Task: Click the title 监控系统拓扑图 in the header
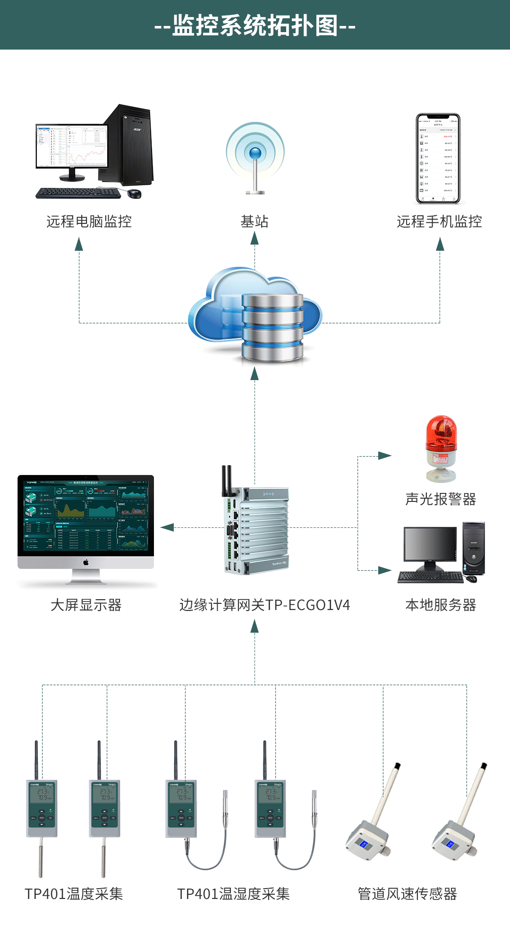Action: tap(255, 25)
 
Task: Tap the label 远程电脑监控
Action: tap(89, 221)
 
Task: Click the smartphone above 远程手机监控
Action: tap(438, 159)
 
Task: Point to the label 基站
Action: tap(255, 221)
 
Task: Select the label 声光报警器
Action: tap(441, 499)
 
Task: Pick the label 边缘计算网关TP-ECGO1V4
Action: tap(264, 605)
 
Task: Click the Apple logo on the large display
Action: tap(86, 562)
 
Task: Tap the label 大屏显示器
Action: tap(86, 605)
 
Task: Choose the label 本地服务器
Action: tap(441, 605)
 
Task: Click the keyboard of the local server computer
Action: tap(430, 577)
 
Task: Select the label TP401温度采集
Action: tap(74, 894)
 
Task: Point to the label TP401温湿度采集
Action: tap(233, 894)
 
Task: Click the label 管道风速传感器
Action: tap(407, 894)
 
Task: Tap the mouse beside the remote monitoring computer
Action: tap(134, 193)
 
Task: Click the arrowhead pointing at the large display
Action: tap(167, 527)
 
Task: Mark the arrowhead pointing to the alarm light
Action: tap(385, 456)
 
